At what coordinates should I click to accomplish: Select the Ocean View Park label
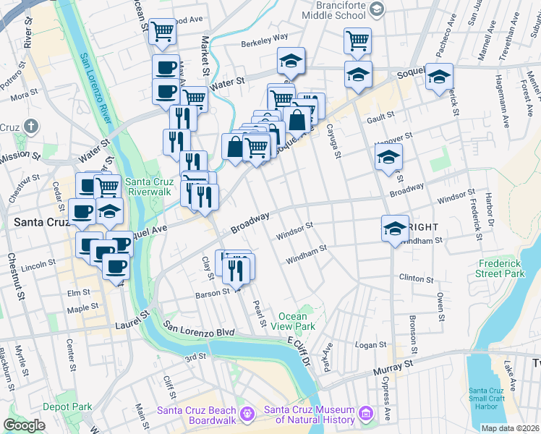pyautogui.click(x=297, y=321)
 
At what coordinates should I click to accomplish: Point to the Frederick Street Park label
pyautogui.click(x=499, y=268)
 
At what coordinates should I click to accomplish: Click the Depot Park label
pyautogui.click(x=67, y=407)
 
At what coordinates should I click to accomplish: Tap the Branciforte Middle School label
pyautogui.click(x=331, y=9)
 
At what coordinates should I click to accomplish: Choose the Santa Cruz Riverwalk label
pyautogui.click(x=148, y=187)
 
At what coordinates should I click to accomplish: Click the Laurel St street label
pyautogui.click(x=132, y=320)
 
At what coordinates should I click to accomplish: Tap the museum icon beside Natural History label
pyautogui.click(x=367, y=414)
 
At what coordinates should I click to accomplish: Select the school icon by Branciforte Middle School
pyautogui.click(x=377, y=9)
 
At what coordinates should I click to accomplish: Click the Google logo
pyautogui.click(x=24, y=425)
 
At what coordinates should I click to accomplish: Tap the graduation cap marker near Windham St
pyautogui.click(x=394, y=228)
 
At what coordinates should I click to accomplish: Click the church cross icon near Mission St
pyautogui.click(x=30, y=127)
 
